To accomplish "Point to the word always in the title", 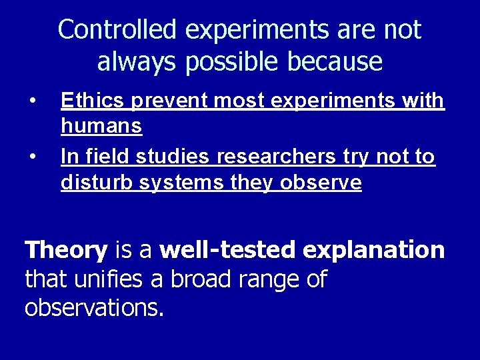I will coord(135,62).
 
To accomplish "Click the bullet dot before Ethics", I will coord(32,101).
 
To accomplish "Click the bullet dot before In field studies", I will coord(32,157).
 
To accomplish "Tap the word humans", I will coord(101,126).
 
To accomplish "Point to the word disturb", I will coord(97,183).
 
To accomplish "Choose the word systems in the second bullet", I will coord(175,183).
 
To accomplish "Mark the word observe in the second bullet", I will coord(323,183).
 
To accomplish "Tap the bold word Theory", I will coord(65,251).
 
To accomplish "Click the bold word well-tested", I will coord(228,251).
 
